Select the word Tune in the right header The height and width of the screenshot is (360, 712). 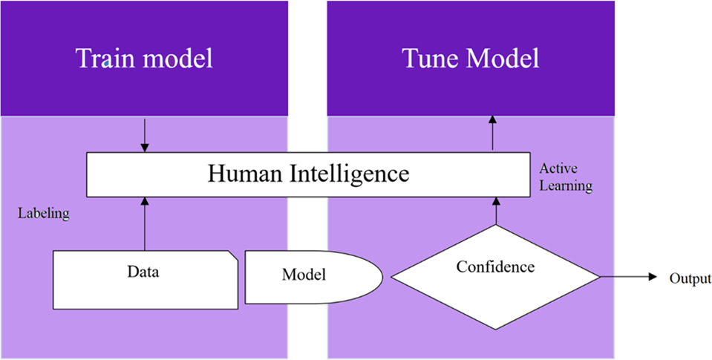(x=427, y=59)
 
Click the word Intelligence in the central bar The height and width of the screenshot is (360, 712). (x=345, y=174)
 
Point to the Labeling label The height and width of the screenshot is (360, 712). (x=43, y=214)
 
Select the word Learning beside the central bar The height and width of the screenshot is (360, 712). (x=566, y=186)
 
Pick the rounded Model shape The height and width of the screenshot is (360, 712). (x=312, y=276)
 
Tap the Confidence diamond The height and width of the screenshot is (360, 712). (x=495, y=276)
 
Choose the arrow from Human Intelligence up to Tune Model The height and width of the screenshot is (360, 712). (x=494, y=134)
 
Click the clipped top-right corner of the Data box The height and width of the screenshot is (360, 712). (x=233, y=255)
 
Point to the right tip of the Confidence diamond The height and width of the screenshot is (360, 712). (x=598, y=277)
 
